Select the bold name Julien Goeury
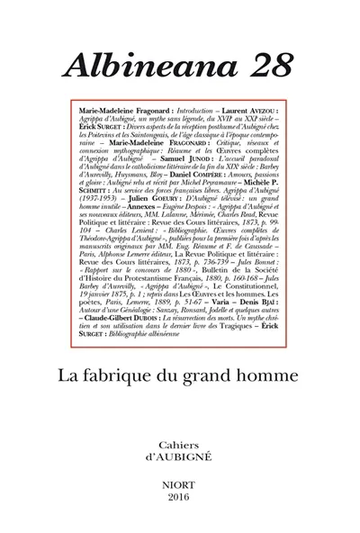coord(139,234)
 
